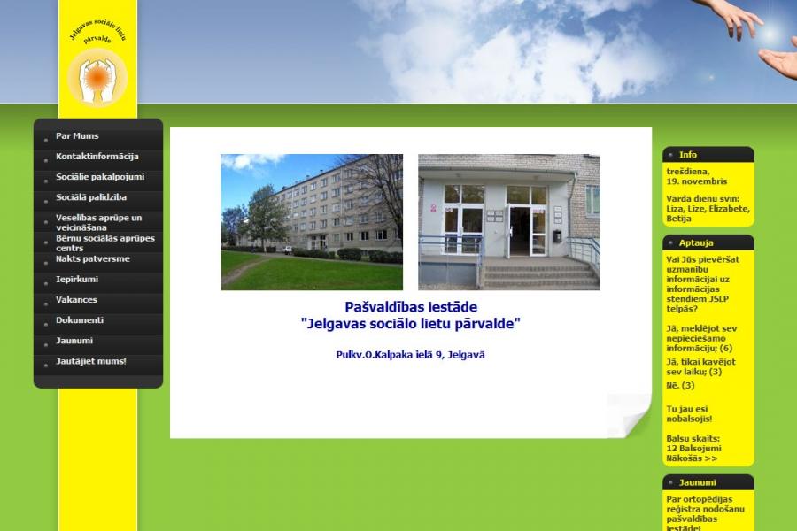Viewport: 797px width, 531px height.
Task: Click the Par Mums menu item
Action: click(77, 136)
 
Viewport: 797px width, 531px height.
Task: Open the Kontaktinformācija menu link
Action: click(97, 157)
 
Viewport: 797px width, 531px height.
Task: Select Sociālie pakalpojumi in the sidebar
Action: click(100, 177)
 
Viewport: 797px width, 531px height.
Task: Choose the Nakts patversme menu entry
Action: click(92, 258)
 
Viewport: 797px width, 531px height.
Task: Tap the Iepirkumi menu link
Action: click(77, 279)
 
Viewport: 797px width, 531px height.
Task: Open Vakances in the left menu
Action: click(76, 300)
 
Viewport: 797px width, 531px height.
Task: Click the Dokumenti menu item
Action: click(80, 320)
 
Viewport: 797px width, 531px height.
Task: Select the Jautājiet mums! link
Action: click(91, 361)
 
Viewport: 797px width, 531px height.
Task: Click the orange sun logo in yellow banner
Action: click(97, 78)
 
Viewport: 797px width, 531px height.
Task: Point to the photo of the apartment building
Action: click(312, 222)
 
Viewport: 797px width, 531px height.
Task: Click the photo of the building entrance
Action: click(509, 222)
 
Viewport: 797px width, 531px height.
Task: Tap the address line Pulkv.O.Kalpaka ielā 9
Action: click(410, 355)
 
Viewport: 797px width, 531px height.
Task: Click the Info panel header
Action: click(708, 155)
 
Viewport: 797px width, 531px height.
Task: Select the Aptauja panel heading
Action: click(708, 242)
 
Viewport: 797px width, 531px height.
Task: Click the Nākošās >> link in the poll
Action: click(692, 458)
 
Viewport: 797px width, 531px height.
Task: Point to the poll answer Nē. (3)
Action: click(680, 385)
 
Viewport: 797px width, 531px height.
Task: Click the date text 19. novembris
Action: click(696, 181)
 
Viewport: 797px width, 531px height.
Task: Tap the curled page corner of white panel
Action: click(633, 414)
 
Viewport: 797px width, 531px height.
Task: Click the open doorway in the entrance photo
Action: click(520, 231)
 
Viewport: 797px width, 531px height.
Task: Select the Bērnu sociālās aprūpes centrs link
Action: click(105, 242)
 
